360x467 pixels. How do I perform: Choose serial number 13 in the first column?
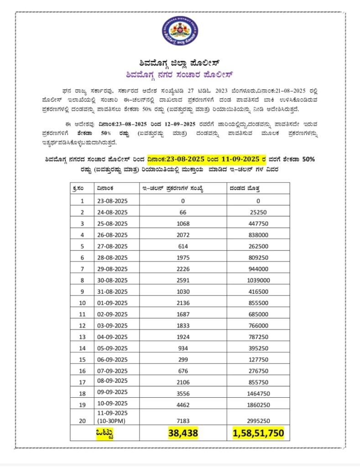tap(82, 337)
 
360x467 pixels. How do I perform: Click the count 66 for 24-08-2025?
tap(183, 212)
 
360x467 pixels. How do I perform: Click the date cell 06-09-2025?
tap(110, 358)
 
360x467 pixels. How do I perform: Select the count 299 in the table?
tap(183, 358)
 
